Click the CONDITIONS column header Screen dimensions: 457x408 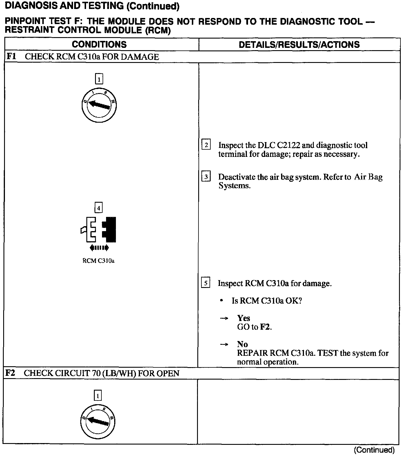pyautogui.click(x=99, y=44)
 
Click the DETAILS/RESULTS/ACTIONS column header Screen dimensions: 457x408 pyautogui.click(x=299, y=44)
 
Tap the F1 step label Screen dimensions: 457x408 pyautogui.click(x=11, y=57)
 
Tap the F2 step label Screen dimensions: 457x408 pyautogui.click(x=10, y=373)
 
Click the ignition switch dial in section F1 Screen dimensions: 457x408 pyautogui.click(x=99, y=105)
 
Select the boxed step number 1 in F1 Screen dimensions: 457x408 pyautogui.click(x=99, y=79)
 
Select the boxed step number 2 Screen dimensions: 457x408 pyautogui.click(x=206, y=145)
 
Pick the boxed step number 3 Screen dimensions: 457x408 pyautogui.click(x=206, y=177)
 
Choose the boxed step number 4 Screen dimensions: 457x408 pyautogui.click(x=99, y=208)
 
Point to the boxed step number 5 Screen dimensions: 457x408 pyautogui.click(x=205, y=283)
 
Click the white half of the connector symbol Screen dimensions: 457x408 pyautogui.click(x=91, y=230)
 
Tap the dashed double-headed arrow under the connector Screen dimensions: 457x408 pyautogui.click(x=99, y=248)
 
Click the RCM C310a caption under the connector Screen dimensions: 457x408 pyautogui.click(x=99, y=261)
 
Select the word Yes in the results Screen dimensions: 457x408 pyautogui.click(x=243, y=318)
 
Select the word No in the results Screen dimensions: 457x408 pyautogui.click(x=242, y=344)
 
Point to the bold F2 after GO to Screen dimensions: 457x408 pyautogui.click(x=265, y=327)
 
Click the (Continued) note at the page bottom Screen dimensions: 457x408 pyautogui.click(x=374, y=450)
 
